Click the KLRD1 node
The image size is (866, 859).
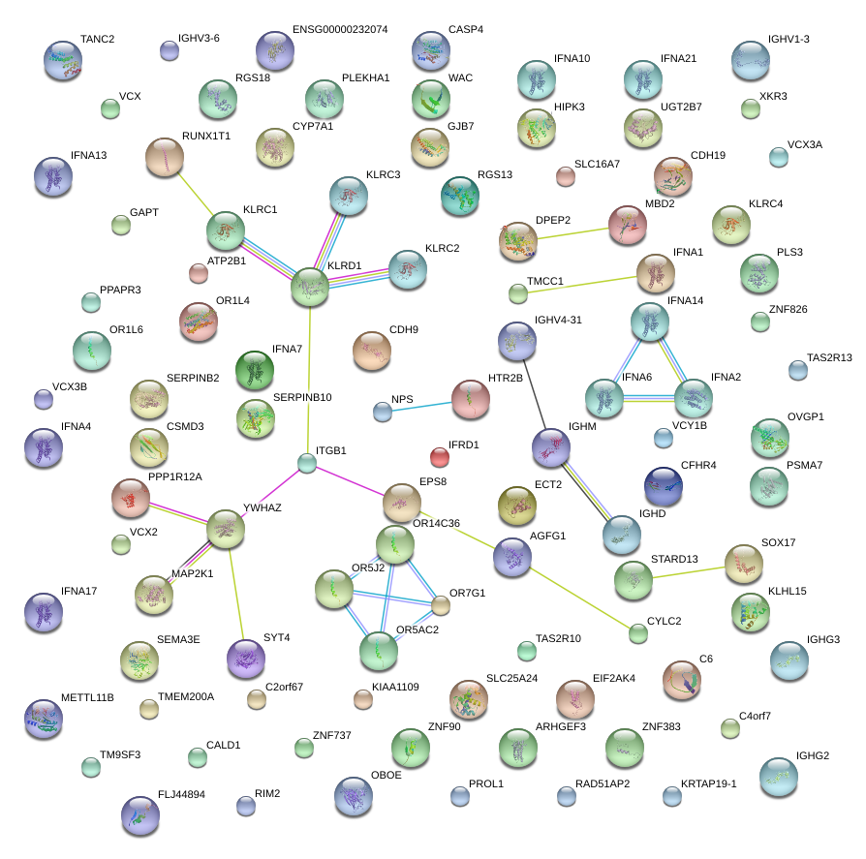coord(310,288)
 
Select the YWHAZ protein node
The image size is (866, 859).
coord(226,528)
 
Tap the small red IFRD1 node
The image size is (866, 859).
coord(439,456)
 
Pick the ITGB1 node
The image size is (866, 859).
coord(307,463)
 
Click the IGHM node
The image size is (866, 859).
coord(551,446)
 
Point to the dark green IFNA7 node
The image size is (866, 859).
coord(255,370)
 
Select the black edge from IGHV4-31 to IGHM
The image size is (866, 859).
coord(534,393)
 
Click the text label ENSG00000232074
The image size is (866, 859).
coord(339,30)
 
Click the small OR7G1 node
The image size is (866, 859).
coord(441,606)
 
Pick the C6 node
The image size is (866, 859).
coord(681,680)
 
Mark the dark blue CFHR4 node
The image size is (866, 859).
coord(663,485)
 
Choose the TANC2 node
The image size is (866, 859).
coord(63,60)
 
